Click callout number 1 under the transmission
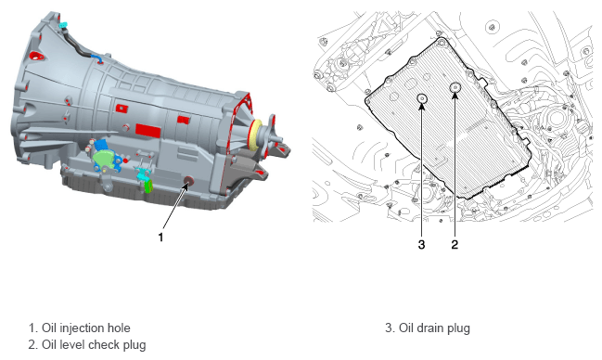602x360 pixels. click(160, 237)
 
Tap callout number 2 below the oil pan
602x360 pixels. click(455, 244)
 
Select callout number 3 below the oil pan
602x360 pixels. click(421, 244)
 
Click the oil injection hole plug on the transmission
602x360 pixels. click(188, 181)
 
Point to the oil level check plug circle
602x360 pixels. click(455, 88)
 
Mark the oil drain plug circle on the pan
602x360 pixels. click(422, 99)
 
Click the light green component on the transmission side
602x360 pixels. click(105, 159)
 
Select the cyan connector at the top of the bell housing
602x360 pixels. click(63, 26)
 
